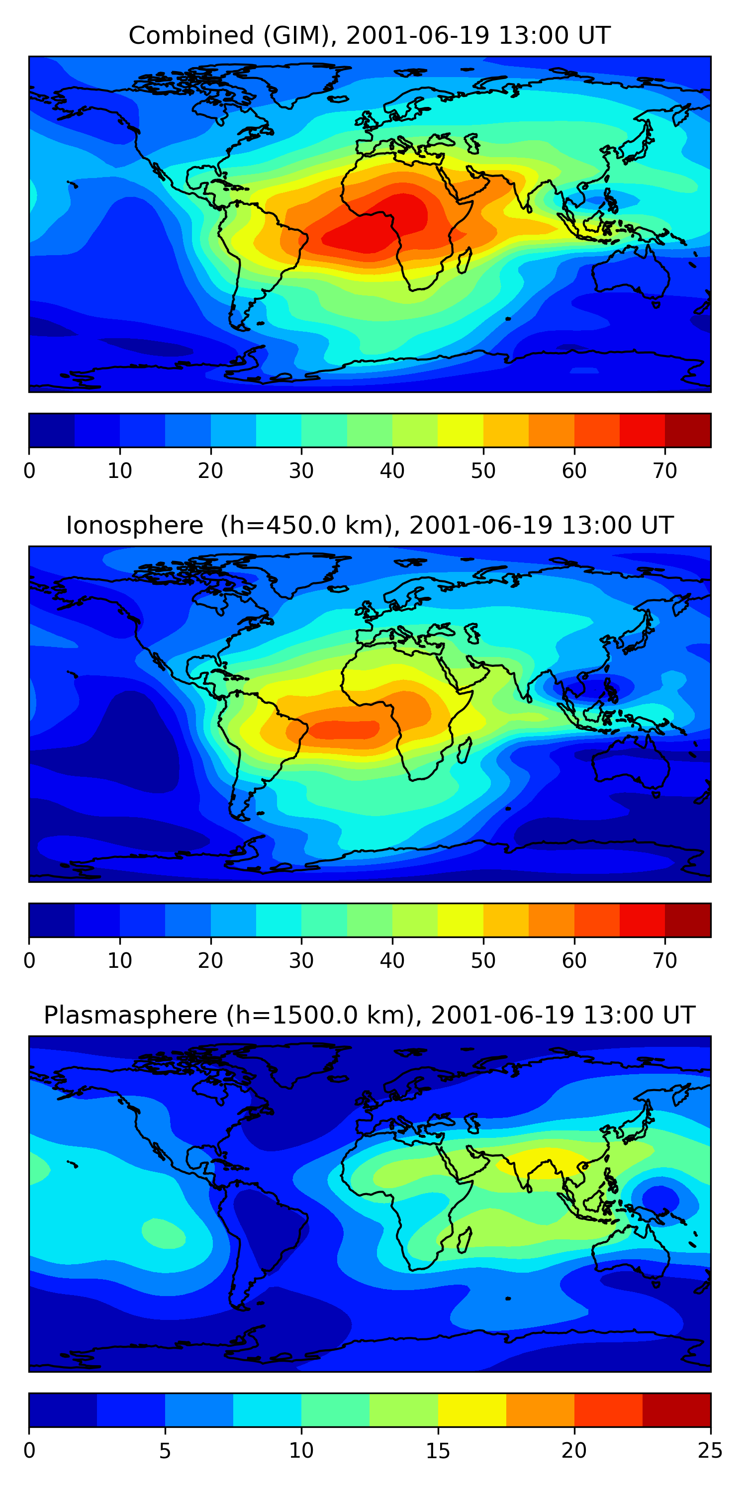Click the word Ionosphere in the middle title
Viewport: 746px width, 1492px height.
click(134, 526)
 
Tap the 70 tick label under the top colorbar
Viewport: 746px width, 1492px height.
click(665, 471)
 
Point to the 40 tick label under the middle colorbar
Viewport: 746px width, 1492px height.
click(392, 961)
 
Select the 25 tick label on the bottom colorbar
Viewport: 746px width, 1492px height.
click(710, 1451)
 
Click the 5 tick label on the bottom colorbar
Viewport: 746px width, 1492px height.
click(165, 1451)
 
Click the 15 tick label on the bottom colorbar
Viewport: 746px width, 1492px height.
click(438, 1451)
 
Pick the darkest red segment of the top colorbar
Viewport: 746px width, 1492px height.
click(687, 430)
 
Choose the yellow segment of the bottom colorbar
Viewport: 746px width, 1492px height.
click(471, 1410)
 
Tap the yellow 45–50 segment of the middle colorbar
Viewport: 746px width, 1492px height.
click(461, 920)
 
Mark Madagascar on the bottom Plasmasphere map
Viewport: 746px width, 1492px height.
click(465, 1241)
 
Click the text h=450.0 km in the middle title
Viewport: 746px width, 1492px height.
click(307, 526)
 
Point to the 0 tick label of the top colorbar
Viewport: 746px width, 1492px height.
click(29, 471)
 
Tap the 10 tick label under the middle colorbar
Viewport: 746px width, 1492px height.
click(120, 961)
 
